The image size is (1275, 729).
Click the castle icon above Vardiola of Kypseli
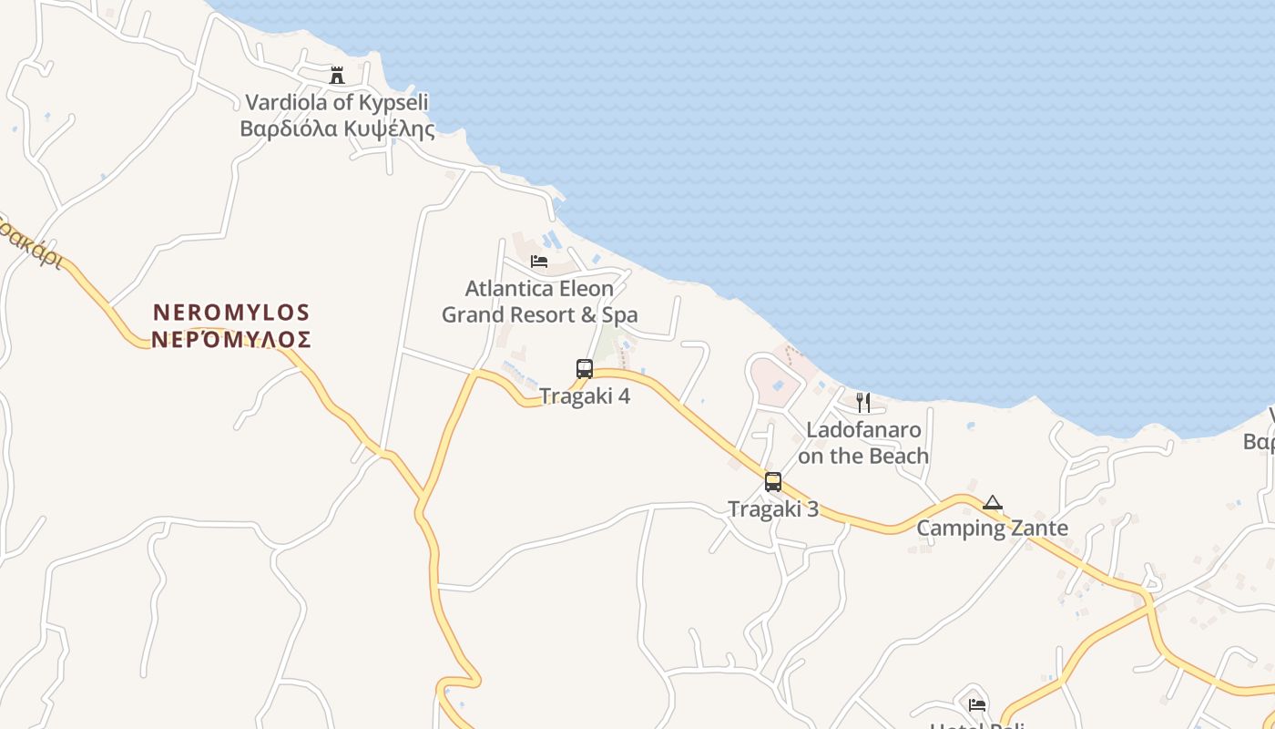pos(337,76)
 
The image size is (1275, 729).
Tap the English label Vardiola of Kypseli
pos(337,102)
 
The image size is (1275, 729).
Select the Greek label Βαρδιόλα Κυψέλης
pos(337,128)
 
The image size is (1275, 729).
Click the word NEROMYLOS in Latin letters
pos(231,313)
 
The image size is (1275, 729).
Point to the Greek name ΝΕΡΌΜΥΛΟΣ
pos(231,340)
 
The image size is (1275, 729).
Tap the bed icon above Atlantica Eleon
pos(539,262)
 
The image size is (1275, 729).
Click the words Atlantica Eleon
pos(539,289)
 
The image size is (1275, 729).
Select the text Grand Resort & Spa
pos(539,315)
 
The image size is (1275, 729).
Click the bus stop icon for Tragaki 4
pos(585,369)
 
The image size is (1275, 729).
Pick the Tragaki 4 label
pos(585,396)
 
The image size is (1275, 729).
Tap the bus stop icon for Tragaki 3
pos(773,482)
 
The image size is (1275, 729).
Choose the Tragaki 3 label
pos(773,509)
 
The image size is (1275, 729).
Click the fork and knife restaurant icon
pos(863,402)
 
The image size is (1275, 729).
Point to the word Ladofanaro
pos(863,429)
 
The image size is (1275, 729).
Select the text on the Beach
pos(863,456)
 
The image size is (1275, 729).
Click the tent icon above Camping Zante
pos(992,502)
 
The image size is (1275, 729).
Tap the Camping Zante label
pos(992,529)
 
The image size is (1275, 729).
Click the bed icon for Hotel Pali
pos(977,704)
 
